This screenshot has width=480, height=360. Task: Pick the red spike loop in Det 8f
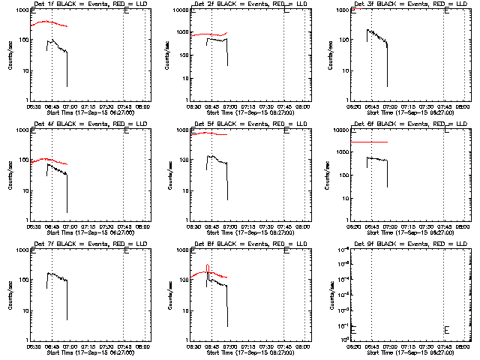(207, 268)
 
